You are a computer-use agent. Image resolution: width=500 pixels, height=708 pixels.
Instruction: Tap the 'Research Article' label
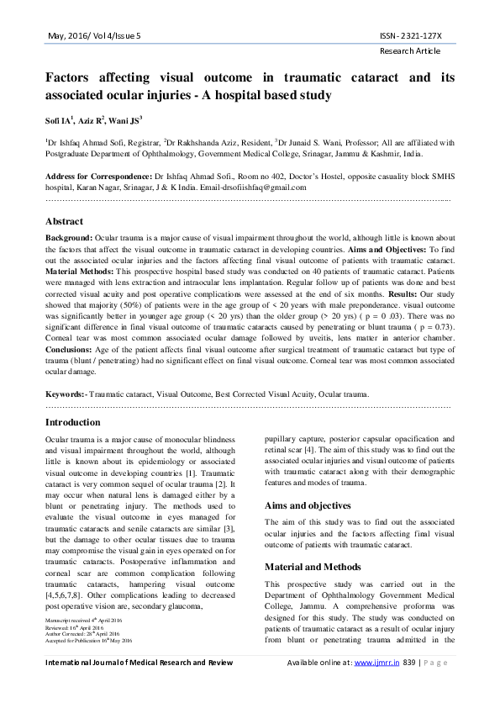pyautogui.click(x=416, y=51)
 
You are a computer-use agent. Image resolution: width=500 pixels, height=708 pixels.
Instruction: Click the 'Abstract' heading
pyautogui.click(x=64, y=221)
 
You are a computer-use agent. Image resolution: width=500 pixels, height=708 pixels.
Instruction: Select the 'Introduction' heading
pyautogui.click(x=75, y=421)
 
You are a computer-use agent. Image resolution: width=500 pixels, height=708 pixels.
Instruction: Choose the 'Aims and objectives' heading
pyautogui.click(x=308, y=505)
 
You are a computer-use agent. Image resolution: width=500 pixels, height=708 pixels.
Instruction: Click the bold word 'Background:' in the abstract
pyautogui.click(x=69, y=238)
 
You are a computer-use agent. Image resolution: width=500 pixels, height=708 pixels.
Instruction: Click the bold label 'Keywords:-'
pyautogui.click(x=66, y=394)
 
